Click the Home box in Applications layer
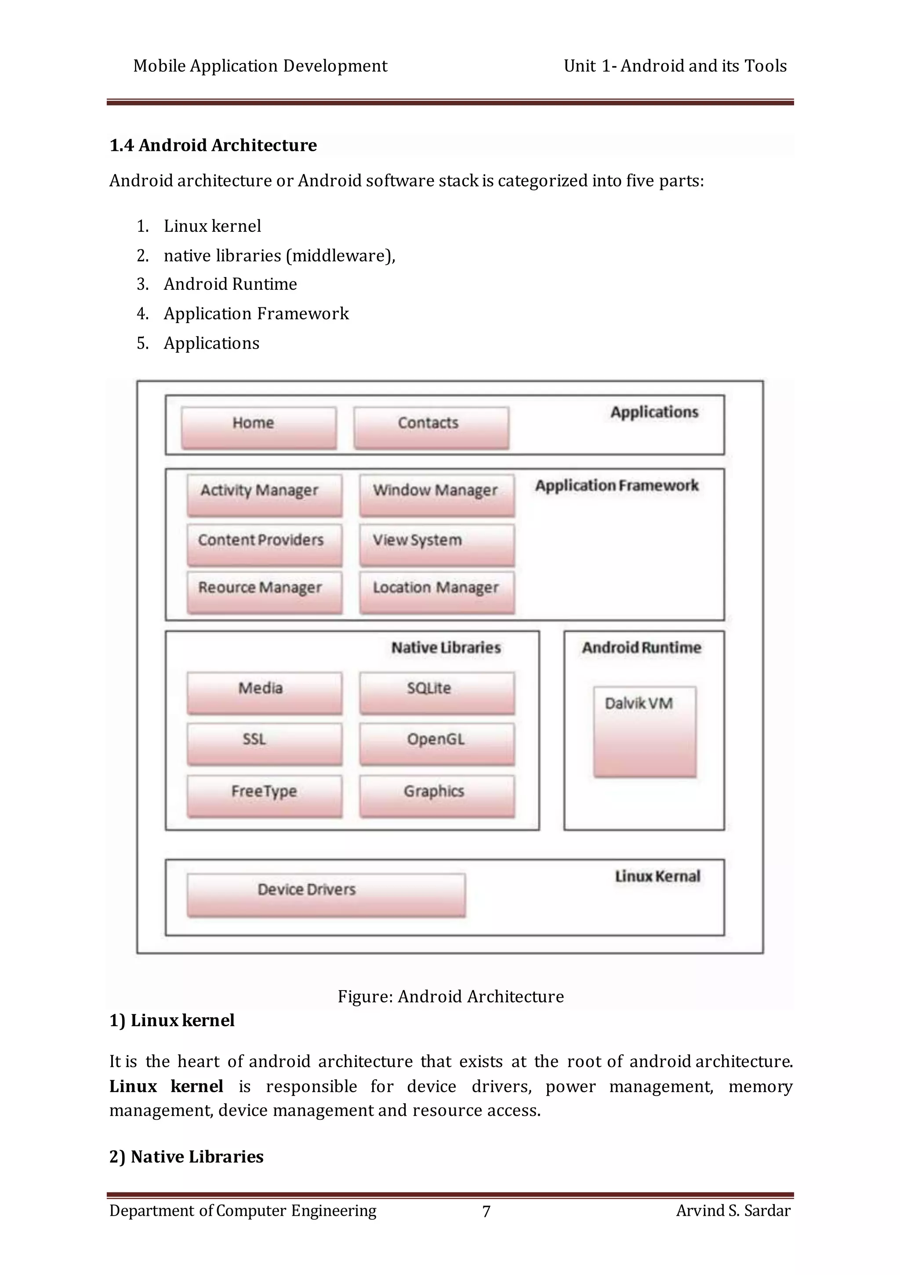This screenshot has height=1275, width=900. (x=259, y=428)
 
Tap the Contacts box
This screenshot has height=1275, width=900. (x=432, y=428)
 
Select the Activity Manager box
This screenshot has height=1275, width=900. (x=264, y=495)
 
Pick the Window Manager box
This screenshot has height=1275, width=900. (x=436, y=495)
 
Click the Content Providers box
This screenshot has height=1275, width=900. (x=264, y=544)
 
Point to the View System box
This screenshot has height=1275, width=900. (x=436, y=544)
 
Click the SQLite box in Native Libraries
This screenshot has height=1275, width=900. (x=436, y=692)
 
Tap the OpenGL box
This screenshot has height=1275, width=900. (x=436, y=743)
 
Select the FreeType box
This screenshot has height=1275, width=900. (x=264, y=796)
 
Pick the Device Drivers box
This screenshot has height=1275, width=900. (x=326, y=895)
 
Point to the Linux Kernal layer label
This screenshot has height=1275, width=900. (x=657, y=876)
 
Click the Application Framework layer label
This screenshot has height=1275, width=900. (x=616, y=486)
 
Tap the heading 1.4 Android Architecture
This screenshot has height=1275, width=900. (x=213, y=146)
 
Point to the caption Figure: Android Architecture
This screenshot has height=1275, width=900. (x=450, y=996)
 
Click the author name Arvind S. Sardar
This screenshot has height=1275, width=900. (x=733, y=1210)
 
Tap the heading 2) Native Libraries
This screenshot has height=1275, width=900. (x=187, y=1157)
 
